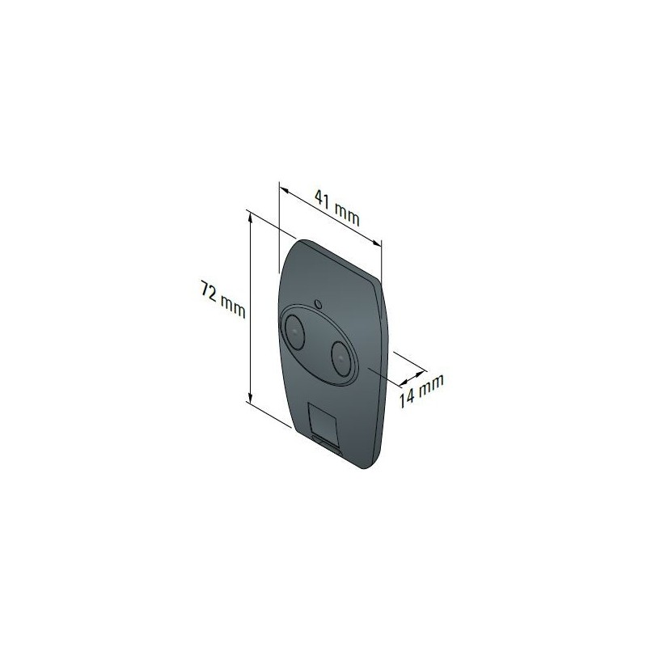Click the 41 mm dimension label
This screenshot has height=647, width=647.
click(x=337, y=208)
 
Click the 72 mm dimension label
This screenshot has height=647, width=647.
click(x=223, y=298)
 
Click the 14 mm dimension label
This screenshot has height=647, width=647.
click(x=421, y=391)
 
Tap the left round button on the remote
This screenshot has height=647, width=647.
click(x=294, y=331)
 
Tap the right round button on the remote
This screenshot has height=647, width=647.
click(x=341, y=358)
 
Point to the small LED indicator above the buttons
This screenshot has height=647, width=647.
click(x=318, y=304)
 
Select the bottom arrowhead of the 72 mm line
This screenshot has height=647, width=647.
click(x=249, y=396)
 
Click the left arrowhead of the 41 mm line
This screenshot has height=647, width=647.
click(x=284, y=190)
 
